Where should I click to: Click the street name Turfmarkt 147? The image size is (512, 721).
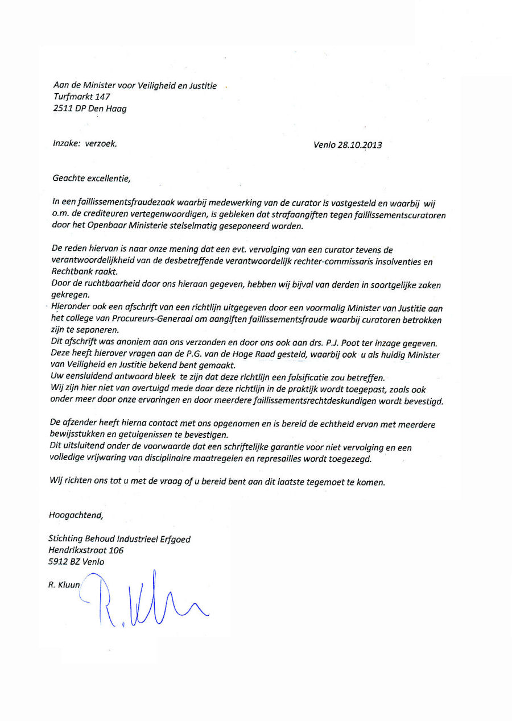(81, 97)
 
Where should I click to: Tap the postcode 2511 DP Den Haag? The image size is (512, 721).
(89, 109)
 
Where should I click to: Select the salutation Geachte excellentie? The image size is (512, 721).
(91, 179)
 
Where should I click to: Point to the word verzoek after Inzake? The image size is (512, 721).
(101, 144)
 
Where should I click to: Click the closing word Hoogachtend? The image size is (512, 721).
(76, 516)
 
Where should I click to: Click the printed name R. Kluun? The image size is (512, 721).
(64, 585)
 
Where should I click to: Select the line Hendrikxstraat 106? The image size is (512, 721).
(86, 550)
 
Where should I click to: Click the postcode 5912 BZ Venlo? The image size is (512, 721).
(77, 562)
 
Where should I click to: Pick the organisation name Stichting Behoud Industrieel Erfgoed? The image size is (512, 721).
(119, 539)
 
